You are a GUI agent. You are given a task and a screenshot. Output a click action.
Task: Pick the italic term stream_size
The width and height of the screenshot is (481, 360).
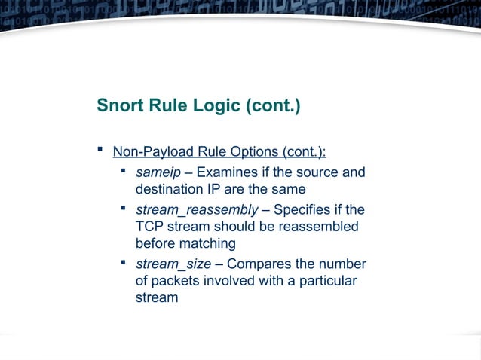pos(173,264)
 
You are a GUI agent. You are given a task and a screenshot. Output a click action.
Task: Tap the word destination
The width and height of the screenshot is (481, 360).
pos(170,191)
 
